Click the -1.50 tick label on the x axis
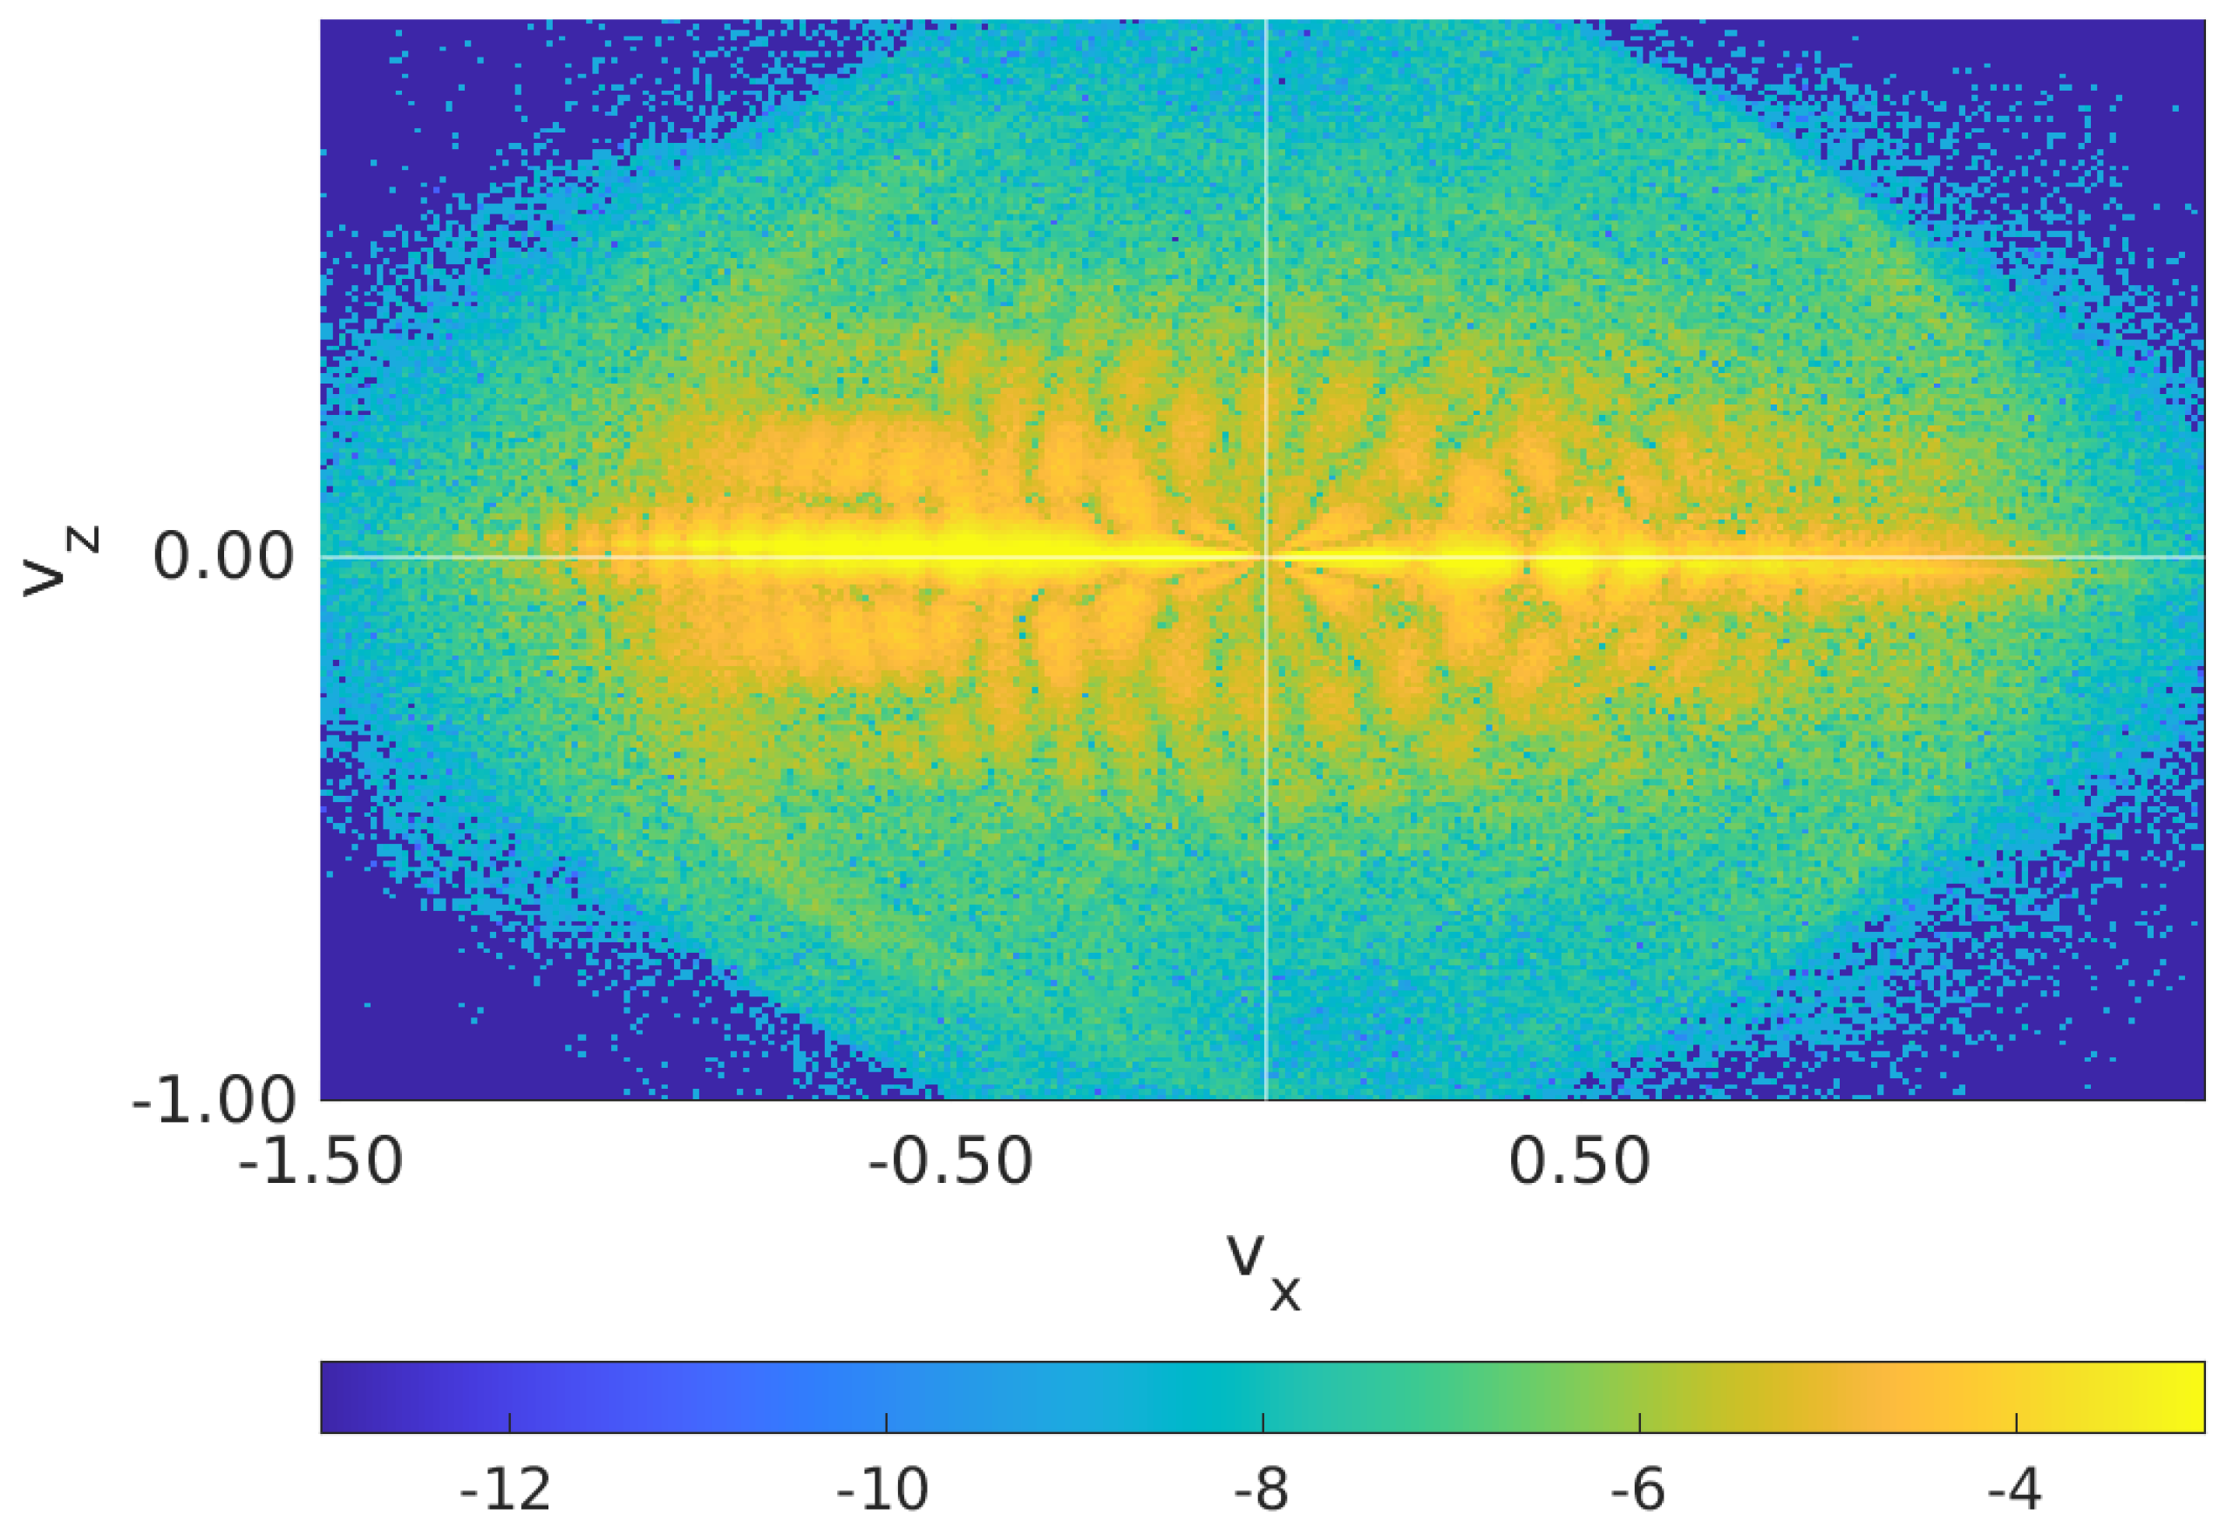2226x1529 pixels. coord(320,1162)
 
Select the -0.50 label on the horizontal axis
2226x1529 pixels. coord(950,1162)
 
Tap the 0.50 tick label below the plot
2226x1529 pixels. coord(1579,1162)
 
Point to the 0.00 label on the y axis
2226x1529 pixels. coord(222,557)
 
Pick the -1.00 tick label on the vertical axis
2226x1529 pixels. coord(213,1100)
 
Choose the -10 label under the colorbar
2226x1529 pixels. coord(882,1491)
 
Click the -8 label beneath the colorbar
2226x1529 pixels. coord(1260,1491)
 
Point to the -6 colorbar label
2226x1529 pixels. coord(1637,1491)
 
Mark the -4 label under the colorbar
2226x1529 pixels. coord(2014,1491)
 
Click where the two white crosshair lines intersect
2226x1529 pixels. coord(1266,557)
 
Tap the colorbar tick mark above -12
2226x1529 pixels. coord(509,1423)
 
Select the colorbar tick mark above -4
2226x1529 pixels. coord(2017,1423)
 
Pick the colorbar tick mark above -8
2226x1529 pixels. coord(1263,1423)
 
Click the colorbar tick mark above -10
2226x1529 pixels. coord(887,1423)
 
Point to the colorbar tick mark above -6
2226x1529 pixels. coord(1639,1423)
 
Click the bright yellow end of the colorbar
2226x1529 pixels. coord(2189,1396)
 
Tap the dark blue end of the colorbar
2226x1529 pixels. coord(336,1396)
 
